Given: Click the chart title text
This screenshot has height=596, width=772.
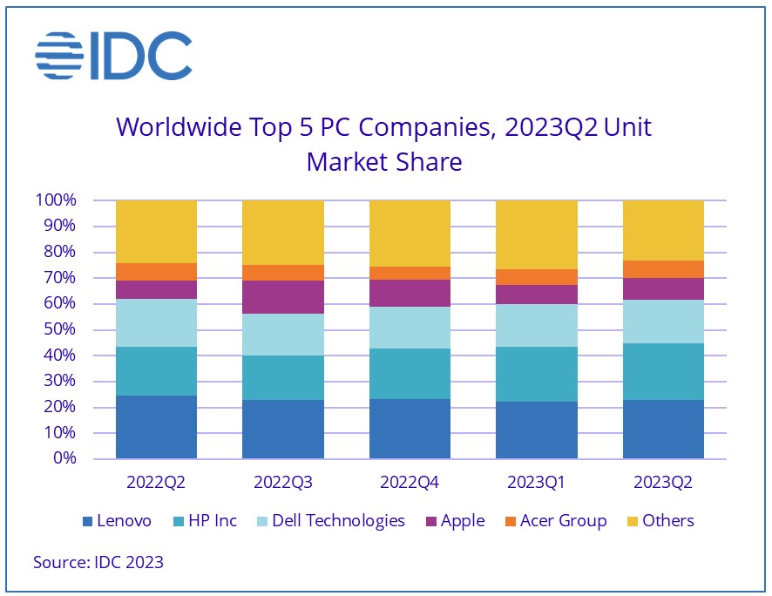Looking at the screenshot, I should pyautogui.click(x=383, y=144).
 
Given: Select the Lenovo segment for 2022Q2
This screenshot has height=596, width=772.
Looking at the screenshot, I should pyautogui.click(x=156, y=427).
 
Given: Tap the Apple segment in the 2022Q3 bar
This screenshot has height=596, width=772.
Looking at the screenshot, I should pyautogui.click(x=282, y=297).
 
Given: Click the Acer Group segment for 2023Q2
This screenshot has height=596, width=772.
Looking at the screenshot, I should pyautogui.click(x=663, y=269).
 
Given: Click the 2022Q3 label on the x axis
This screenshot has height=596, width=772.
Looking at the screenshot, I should pyautogui.click(x=282, y=481).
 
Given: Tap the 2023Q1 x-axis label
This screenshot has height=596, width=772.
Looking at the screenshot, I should pyautogui.click(x=536, y=481).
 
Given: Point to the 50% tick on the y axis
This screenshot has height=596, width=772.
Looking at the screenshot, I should pyautogui.click(x=57, y=329).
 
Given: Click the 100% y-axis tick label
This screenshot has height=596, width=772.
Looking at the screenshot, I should pyautogui.click(x=53, y=200).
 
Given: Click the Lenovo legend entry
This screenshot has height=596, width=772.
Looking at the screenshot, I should pyautogui.click(x=117, y=521).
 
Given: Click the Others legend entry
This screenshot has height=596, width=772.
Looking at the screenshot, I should pyautogui.click(x=659, y=521).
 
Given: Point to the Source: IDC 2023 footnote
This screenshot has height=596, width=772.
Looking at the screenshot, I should pyautogui.click(x=98, y=563).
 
